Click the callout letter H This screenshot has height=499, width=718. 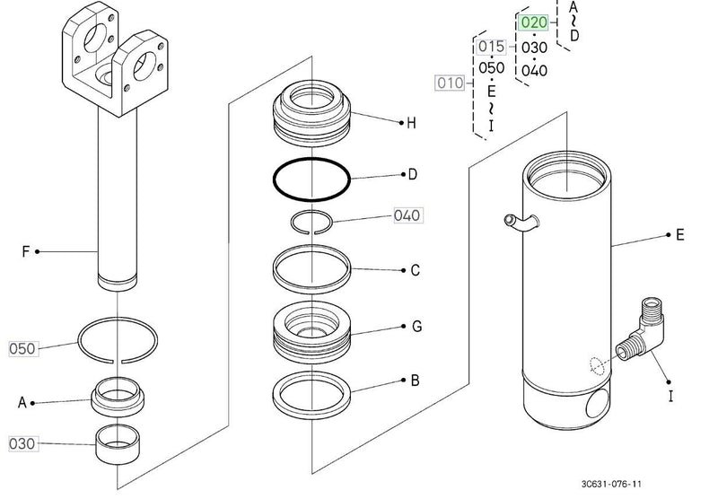411,124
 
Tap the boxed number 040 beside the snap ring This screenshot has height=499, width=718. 407,216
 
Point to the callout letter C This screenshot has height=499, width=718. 415,270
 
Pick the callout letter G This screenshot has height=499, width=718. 416,328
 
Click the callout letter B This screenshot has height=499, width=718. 415,381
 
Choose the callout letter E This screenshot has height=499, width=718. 679,235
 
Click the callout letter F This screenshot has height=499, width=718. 26,252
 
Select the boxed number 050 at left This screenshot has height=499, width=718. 24,346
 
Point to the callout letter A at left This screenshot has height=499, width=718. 22,403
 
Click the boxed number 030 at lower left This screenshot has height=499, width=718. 24,443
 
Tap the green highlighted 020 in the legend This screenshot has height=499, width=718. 533,23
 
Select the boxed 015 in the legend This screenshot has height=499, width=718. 491,46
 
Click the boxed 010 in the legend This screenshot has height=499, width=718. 450,83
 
